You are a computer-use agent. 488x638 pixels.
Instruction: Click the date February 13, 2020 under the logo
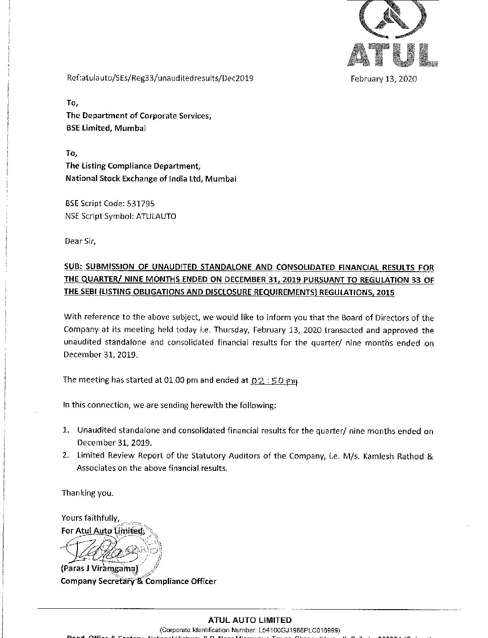(x=384, y=78)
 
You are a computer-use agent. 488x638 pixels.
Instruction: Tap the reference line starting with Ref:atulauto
(x=159, y=78)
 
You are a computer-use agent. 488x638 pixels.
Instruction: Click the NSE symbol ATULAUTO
(x=156, y=216)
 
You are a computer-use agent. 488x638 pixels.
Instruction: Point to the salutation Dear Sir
(x=81, y=241)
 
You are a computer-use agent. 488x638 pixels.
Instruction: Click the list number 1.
(x=66, y=431)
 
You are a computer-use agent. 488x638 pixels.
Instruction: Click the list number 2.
(x=66, y=456)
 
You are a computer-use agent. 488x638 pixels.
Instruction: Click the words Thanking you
(x=88, y=493)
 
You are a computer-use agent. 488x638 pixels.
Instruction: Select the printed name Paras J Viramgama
(x=99, y=569)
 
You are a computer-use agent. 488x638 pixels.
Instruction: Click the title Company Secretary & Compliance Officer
(x=138, y=581)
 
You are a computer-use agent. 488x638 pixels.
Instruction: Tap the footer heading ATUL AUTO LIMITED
(x=250, y=620)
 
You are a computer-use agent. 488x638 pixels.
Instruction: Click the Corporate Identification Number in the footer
(x=250, y=629)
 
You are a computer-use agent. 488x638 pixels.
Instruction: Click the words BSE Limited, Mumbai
(x=106, y=128)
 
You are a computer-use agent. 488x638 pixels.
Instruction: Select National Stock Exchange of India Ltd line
(x=151, y=179)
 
